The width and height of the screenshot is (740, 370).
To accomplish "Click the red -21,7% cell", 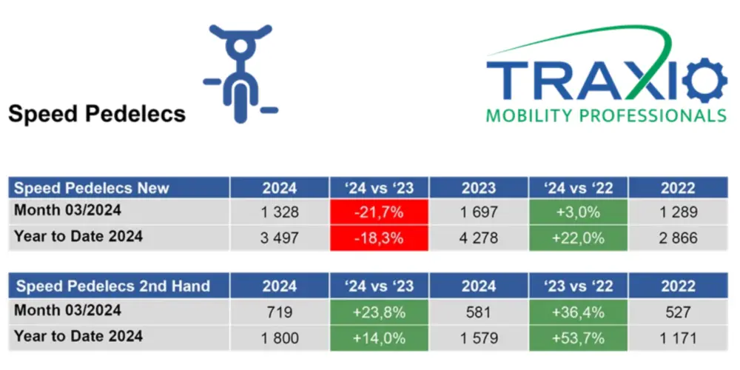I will (x=379, y=212).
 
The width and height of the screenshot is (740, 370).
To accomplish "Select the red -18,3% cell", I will (x=379, y=238).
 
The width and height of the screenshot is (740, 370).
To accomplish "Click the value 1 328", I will (x=279, y=212).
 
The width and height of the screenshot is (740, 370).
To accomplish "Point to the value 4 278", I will (x=478, y=238).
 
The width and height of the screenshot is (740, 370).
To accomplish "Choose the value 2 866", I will (x=678, y=238).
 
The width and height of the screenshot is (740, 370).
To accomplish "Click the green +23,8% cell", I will (x=379, y=312).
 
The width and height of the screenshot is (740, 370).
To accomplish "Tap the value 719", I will (x=279, y=312).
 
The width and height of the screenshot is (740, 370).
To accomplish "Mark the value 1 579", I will (x=478, y=338).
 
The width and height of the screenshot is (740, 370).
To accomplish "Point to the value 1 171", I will (x=678, y=338).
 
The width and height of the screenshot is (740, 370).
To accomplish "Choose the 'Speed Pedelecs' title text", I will (x=96, y=114).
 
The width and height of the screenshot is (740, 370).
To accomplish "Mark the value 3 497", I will (x=279, y=238).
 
